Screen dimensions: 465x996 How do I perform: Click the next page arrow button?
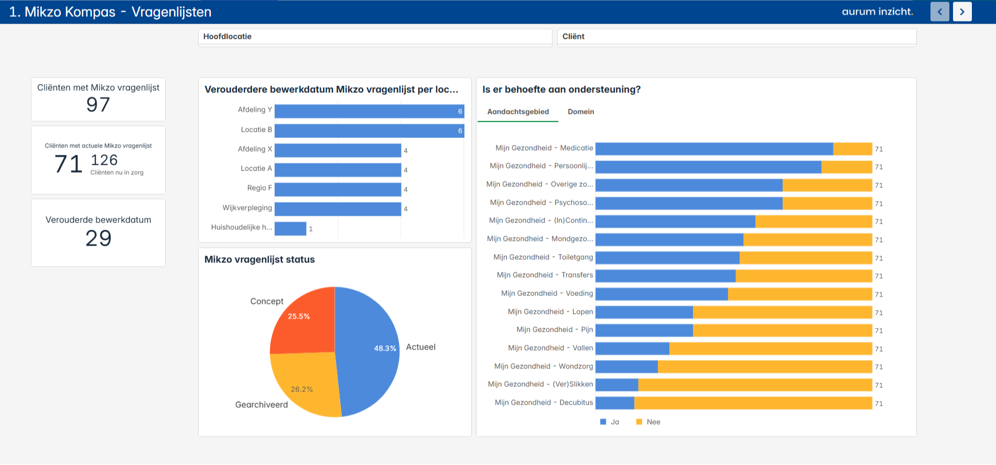[962, 12]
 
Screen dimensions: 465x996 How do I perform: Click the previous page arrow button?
[939, 12]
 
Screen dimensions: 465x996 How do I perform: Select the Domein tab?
[581, 112]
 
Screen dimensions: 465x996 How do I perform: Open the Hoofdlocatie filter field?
[375, 37]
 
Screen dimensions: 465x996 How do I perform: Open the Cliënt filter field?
[737, 37]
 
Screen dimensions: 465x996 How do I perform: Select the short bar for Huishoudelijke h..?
[290, 229]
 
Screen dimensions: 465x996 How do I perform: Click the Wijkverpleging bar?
[338, 209]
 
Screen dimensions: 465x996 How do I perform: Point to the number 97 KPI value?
[98, 105]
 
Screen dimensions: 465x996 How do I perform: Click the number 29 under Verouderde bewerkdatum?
[98, 239]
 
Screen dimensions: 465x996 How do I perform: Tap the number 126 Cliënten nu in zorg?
[104, 160]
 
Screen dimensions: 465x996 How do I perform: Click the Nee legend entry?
[648, 422]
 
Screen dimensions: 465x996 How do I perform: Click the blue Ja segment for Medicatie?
[714, 149]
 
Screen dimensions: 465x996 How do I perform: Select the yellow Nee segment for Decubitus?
[753, 403]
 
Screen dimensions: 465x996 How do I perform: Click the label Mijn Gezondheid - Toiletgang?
[543, 257]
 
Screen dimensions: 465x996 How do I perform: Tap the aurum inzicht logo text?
[877, 12]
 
